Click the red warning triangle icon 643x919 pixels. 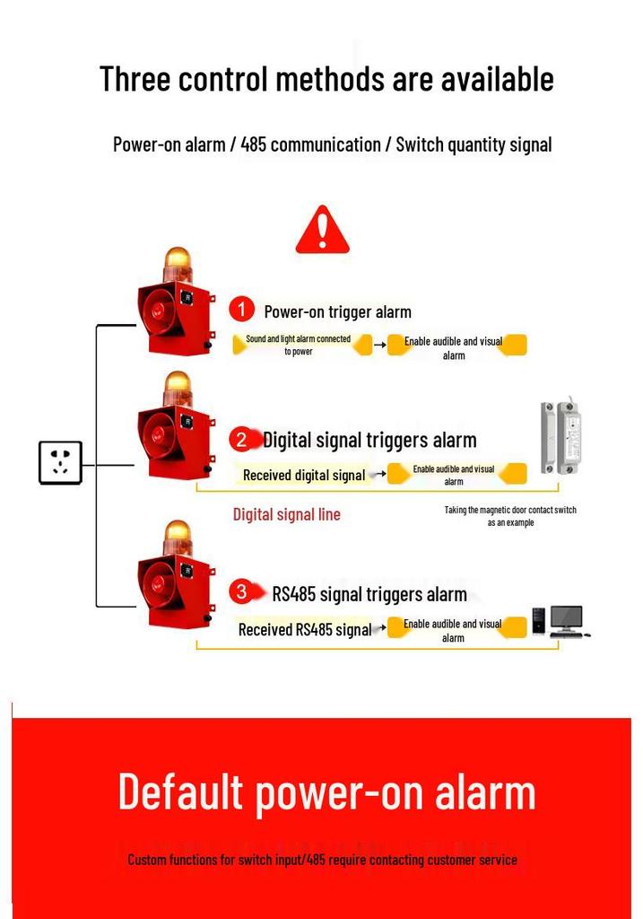322,230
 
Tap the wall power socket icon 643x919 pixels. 60,462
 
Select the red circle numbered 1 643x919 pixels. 241,310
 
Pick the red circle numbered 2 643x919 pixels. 241,439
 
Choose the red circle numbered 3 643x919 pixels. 241,592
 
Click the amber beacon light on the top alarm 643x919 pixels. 178,265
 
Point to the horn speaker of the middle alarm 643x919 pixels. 157,436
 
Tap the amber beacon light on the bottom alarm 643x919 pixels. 178,538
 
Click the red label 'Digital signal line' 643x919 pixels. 286,514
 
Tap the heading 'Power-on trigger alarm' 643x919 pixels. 337,311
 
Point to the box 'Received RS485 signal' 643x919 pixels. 305,629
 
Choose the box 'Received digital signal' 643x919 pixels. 304,476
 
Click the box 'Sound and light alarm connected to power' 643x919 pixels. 301,345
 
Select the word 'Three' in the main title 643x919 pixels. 135,79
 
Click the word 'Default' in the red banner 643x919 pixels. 180,792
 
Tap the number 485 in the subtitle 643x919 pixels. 253,144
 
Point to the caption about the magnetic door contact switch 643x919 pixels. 510,516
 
